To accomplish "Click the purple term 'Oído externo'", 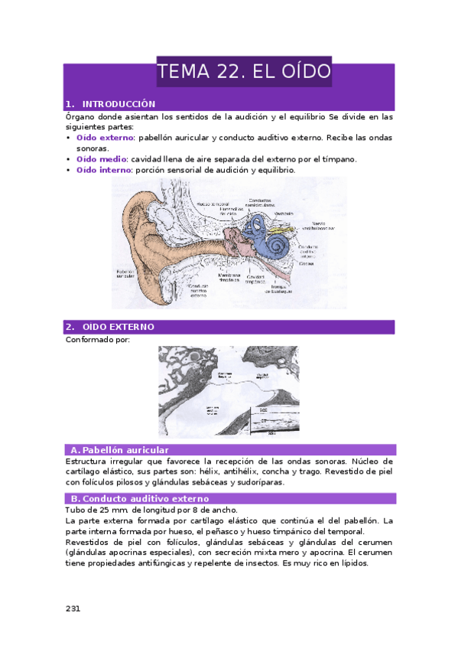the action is [x=105, y=138].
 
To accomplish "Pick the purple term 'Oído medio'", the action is [x=101, y=159].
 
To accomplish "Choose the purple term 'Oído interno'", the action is [x=104, y=170].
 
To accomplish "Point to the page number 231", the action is [x=73, y=608].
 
